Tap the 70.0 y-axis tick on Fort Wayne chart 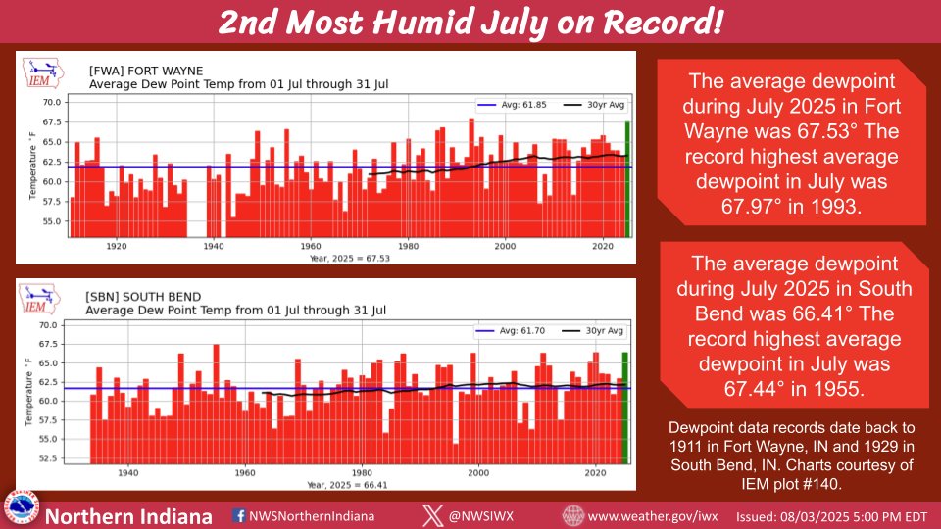point(51,102)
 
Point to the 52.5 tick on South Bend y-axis point(48,457)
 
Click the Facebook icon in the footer point(239,515)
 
